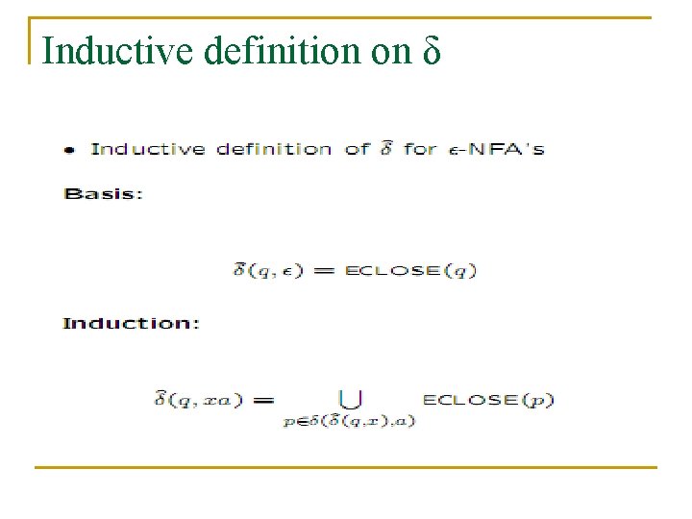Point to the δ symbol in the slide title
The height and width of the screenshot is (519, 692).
coord(431,51)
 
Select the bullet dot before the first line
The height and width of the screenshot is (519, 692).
coord(69,150)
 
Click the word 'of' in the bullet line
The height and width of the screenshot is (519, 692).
coord(356,149)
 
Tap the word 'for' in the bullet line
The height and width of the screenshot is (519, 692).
coord(420,149)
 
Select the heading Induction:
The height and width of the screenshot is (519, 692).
coord(131,323)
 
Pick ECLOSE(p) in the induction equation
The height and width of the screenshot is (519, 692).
coord(488,399)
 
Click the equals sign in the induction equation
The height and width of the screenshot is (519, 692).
coord(264,399)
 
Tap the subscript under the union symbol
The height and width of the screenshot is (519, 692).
coord(349,421)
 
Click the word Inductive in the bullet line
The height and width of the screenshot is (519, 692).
coord(148,149)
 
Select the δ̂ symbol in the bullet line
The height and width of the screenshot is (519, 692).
coord(384,147)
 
